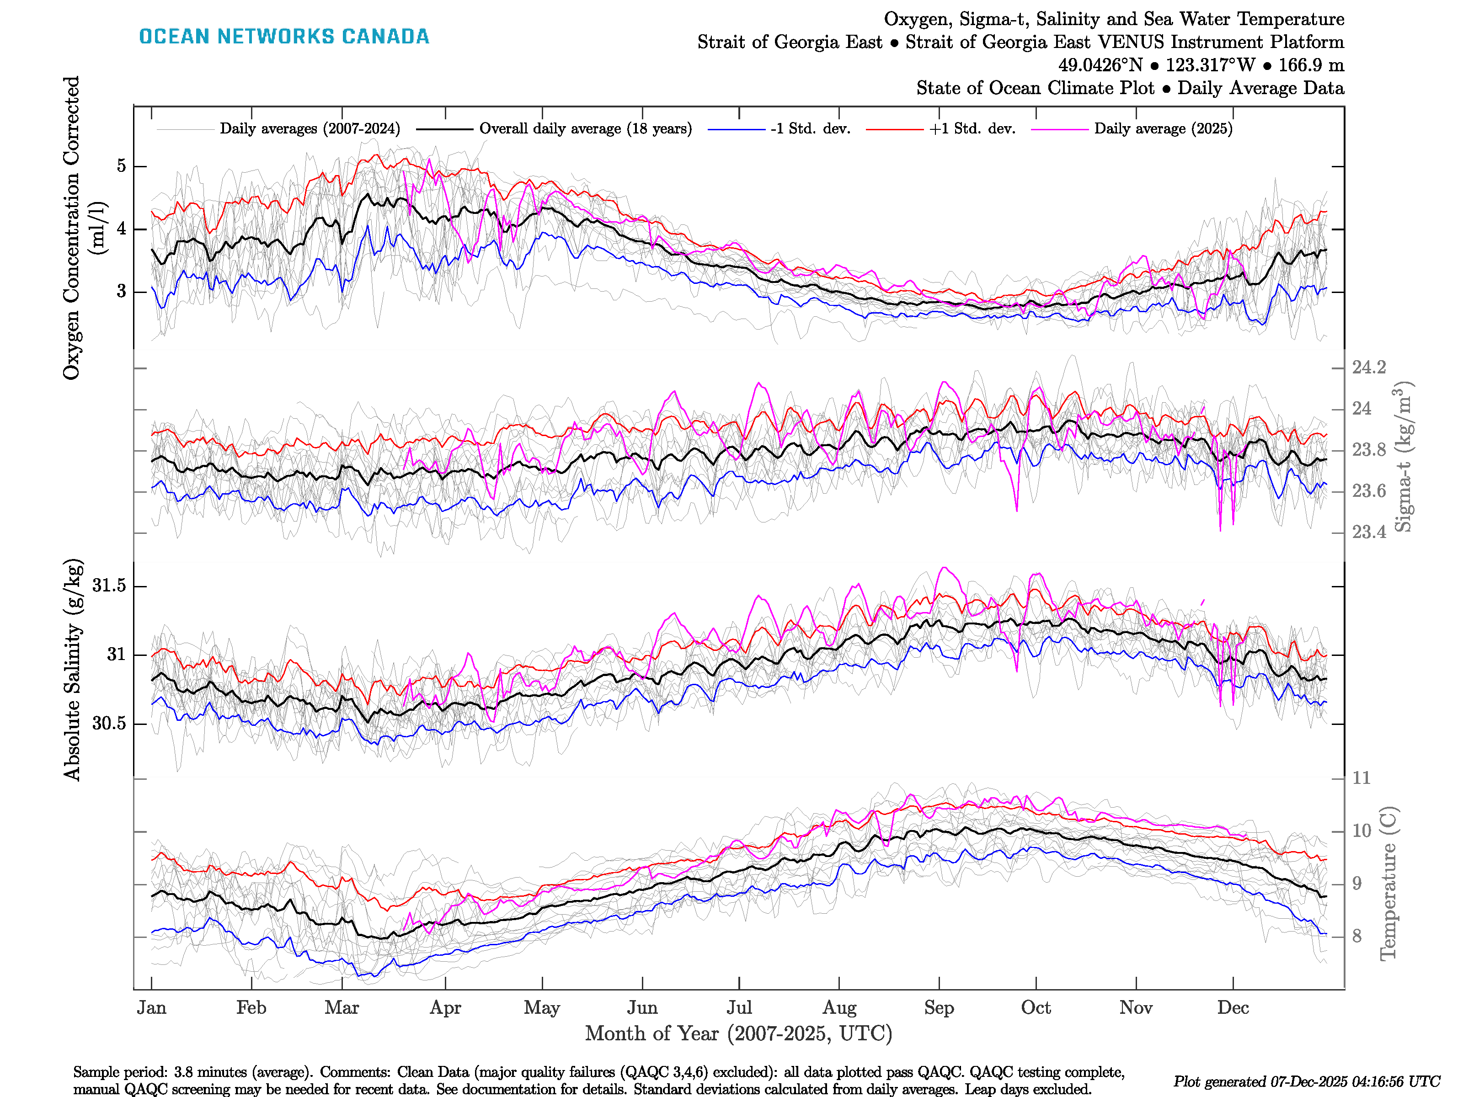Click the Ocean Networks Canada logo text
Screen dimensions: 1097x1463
284,37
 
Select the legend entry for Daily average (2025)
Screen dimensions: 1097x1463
1163,129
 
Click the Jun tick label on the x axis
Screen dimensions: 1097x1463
642,1008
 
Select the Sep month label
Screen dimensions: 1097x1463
939,1008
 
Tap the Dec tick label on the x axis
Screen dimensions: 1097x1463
1233,1008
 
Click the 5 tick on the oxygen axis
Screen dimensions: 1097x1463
121,166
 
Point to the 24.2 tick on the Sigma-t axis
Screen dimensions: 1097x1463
1368,367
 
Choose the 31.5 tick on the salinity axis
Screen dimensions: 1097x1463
109,586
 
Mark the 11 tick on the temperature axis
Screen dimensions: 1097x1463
1361,778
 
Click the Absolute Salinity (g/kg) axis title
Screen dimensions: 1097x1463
73,669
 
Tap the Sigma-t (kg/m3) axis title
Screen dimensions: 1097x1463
1404,456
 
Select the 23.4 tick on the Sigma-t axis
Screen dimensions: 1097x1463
1368,533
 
